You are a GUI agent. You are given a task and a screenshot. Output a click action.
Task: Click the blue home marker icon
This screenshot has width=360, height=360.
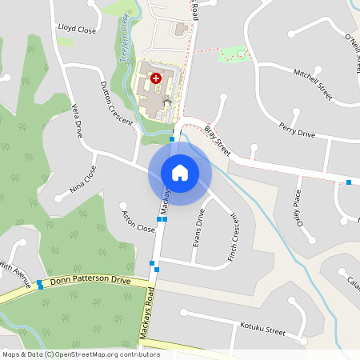tap(179, 172)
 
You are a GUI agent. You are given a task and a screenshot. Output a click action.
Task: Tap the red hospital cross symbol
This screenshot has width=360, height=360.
tap(156, 78)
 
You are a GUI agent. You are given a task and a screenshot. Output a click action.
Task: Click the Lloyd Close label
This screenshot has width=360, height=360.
tap(77, 29)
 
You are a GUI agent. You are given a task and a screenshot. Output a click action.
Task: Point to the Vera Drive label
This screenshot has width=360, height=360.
tap(78, 120)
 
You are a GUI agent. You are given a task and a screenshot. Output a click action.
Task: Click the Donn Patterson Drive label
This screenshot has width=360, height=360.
tap(90, 282)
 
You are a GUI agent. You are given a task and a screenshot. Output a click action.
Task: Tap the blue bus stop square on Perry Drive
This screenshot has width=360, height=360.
tap(349, 182)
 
